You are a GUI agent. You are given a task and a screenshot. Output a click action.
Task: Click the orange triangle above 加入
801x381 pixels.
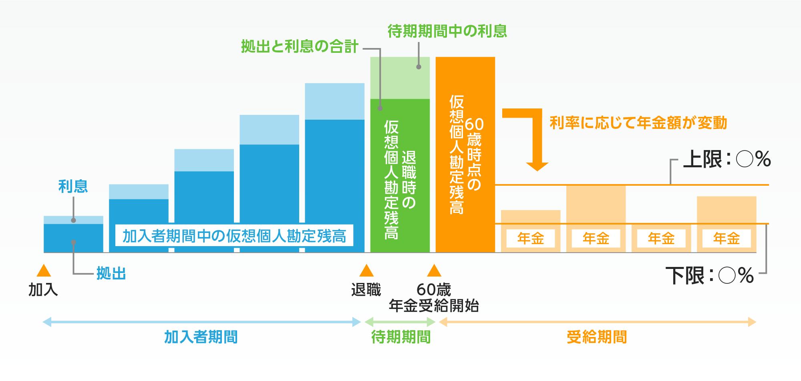click(44, 271)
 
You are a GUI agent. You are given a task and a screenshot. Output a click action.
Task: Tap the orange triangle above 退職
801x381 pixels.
click(366, 271)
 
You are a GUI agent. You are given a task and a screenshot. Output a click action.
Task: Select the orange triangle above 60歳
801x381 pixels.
click(434, 271)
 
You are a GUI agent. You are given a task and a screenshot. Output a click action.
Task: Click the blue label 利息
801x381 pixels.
click(73, 186)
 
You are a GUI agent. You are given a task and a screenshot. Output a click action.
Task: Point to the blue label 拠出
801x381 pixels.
click(111, 274)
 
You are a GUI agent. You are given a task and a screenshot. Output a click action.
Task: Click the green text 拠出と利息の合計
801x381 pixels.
click(300, 46)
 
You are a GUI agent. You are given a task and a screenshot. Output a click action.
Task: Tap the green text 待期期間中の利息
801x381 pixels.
click(447, 31)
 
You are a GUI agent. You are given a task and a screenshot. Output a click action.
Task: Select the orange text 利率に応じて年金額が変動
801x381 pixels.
click(638, 123)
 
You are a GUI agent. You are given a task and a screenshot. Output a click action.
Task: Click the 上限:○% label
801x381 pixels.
click(727, 159)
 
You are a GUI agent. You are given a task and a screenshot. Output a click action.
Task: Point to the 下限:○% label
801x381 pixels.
click(710, 276)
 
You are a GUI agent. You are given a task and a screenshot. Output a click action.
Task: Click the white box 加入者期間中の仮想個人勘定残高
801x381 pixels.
click(234, 236)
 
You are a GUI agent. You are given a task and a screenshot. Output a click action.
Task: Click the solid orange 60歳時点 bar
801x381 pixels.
click(465, 154)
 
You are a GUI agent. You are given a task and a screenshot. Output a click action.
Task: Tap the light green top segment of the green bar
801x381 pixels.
click(400, 78)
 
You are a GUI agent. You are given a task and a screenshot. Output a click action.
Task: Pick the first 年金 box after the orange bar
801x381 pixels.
click(531, 239)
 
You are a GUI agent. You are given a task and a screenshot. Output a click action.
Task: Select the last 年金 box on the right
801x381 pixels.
click(727, 239)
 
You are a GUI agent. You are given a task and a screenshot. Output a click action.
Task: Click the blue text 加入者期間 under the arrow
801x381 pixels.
click(201, 337)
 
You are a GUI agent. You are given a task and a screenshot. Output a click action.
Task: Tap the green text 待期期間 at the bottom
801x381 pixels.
click(401, 337)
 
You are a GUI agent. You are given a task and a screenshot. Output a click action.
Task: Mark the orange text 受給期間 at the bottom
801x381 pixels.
click(597, 337)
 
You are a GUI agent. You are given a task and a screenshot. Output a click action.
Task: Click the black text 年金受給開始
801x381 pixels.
click(434, 306)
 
